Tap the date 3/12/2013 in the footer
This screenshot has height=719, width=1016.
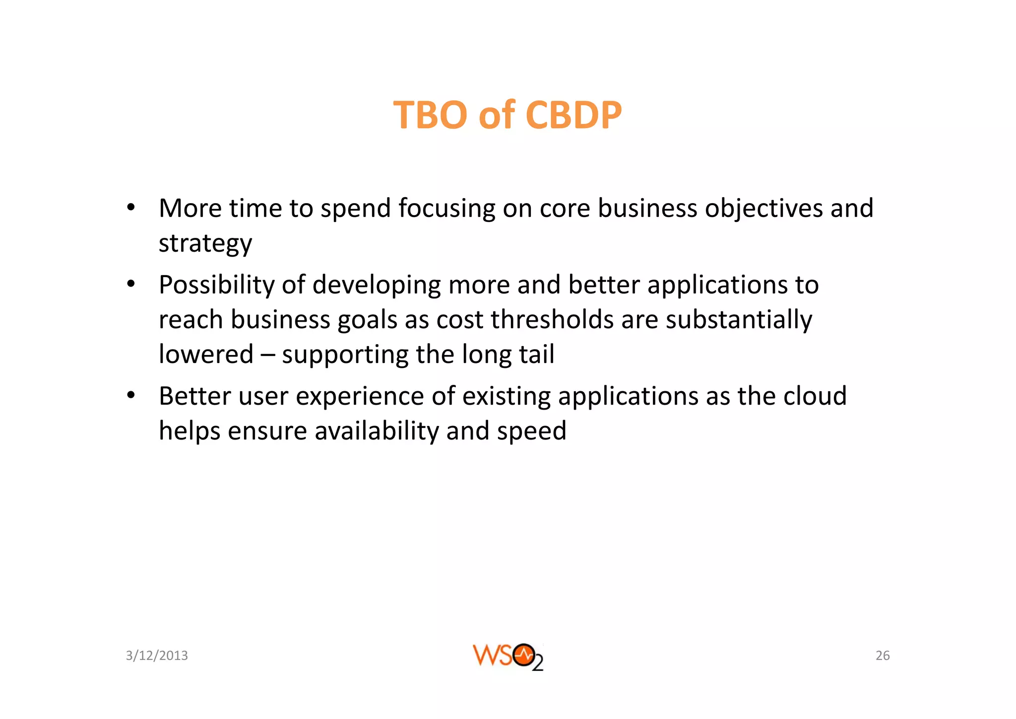click(157, 655)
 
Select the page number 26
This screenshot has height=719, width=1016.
click(883, 655)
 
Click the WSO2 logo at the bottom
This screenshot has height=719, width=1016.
click(508, 656)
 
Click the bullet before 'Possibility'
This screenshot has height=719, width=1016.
click(130, 284)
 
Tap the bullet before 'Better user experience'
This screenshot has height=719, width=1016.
click(130, 395)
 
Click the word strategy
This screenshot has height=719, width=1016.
click(205, 243)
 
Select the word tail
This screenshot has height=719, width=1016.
click(537, 354)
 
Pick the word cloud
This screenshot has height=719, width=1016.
click(815, 396)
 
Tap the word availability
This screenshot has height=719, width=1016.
click(377, 431)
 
